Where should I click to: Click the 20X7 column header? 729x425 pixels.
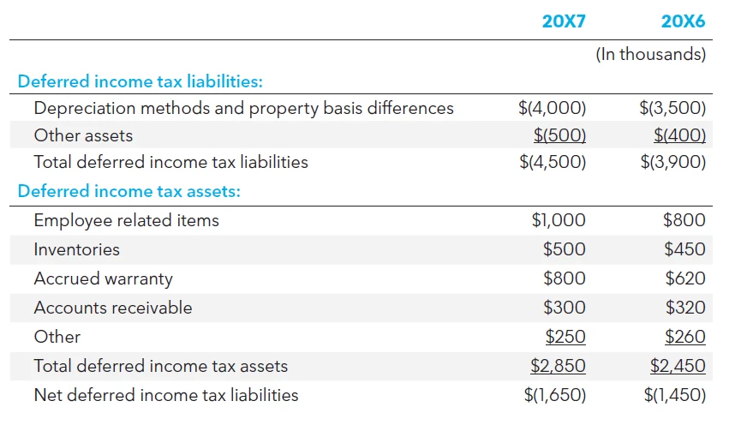(564, 21)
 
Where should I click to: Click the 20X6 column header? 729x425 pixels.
(684, 21)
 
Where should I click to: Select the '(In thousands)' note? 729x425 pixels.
(651, 55)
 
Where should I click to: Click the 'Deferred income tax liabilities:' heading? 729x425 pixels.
(140, 82)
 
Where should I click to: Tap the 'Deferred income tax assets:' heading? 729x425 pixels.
(128, 191)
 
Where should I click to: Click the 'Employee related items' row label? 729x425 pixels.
(126, 220)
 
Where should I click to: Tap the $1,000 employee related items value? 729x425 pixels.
(559, 220)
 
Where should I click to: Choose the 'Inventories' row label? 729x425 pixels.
(76, 249)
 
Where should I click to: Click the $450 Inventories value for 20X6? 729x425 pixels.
(684, 249)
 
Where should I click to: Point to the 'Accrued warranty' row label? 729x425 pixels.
(103, 278)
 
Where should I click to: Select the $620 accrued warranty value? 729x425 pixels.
(684, 278)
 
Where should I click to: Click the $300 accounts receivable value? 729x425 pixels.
(565, 308)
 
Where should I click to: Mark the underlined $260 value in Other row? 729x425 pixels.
(684, 337)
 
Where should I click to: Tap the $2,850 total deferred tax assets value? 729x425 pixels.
(559, 366)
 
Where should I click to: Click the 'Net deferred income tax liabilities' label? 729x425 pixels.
(165, 395)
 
